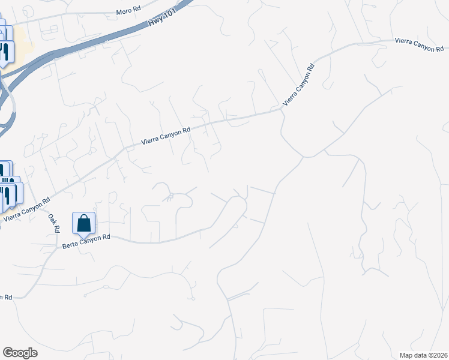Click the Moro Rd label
128,11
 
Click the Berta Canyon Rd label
86,242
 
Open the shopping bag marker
83,223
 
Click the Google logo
20,353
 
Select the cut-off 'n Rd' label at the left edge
5,297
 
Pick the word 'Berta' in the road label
71,244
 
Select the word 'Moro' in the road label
124,12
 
